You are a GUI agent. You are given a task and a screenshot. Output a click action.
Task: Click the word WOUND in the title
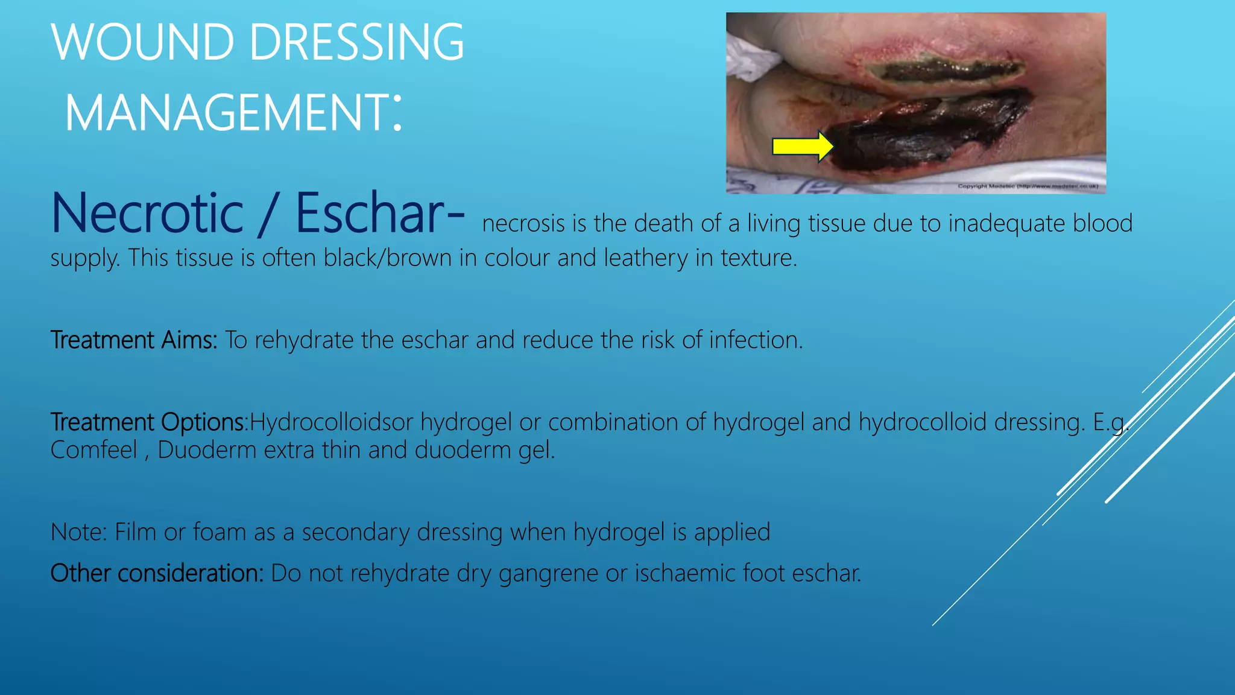tap(142, 42)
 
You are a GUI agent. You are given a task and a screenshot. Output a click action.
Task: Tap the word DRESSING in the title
tap(356, 42)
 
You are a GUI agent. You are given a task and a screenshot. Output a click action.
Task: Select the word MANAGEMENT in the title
tap(227, 113)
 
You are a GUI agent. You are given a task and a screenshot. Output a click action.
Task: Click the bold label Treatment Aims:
tap(133, 340)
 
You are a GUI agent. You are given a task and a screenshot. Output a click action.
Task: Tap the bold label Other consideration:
tap(157, 573)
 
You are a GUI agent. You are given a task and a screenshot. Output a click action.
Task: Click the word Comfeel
tap(94, 450)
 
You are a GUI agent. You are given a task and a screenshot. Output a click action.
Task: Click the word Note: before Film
tap(78, 532)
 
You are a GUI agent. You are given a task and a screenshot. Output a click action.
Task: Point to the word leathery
tap(645, 259)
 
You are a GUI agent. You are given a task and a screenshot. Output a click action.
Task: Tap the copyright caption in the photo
tap(1028, 186)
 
